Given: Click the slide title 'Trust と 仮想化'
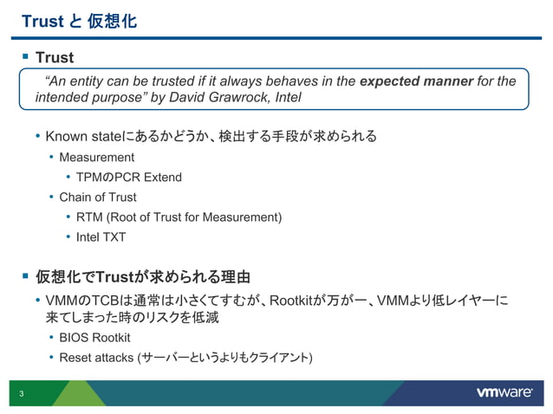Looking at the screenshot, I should pos(78,20).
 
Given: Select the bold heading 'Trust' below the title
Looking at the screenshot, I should pos(54,58).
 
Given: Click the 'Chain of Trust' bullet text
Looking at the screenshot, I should pos(98,197).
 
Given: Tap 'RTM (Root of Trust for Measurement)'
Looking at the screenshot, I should pos(179,217).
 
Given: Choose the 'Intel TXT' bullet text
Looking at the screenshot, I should pos(101,236).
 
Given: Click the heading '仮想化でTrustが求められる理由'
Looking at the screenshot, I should pos(142,277).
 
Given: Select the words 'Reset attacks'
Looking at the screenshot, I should pos(92,357).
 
